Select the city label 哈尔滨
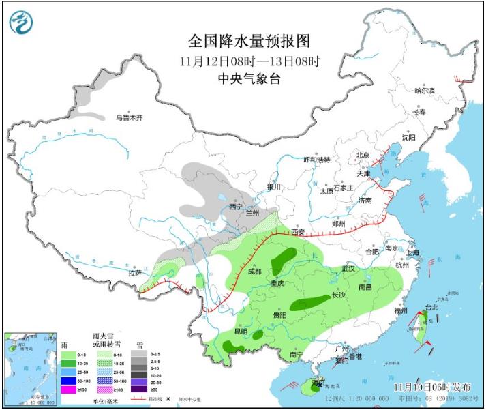click(x=424, y=90)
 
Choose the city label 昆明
click(x=241, y=331)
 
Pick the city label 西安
click(x=299, y=232)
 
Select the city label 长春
click(x=419, y=113)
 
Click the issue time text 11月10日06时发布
click(x=431, y=387)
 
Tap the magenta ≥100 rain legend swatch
click(x=69, y=390)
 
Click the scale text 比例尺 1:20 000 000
click(x=354, y=398)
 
